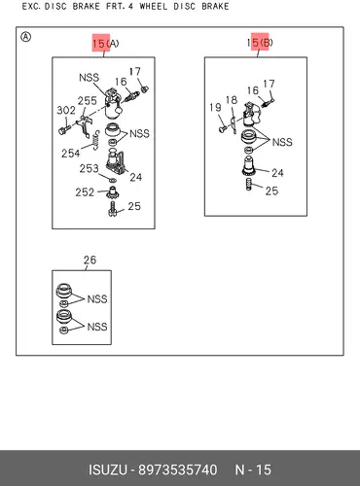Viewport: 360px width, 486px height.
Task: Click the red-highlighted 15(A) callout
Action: (x=106, y=43)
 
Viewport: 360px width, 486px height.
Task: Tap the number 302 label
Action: (x=66, y=111)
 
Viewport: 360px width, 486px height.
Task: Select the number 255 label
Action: (x=88, y=101)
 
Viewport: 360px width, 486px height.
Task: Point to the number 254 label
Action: (x=71, y=153)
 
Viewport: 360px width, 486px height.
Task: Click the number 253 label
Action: (x=90, y=168)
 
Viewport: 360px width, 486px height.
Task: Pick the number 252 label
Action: (x=85, y=192)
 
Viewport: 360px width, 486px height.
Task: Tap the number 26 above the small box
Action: (x=90, y=260)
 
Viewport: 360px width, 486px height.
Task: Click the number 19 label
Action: (x=215, y=107)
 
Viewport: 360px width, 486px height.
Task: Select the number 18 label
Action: (x=232, y=100)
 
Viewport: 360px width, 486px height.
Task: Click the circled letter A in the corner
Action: (x=25, y=37)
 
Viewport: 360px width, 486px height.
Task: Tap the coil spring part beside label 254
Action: (x=95, y=141)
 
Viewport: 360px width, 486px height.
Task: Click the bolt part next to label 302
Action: (x=64, y=130)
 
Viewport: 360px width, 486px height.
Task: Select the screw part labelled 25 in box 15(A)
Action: (x=112, y=209)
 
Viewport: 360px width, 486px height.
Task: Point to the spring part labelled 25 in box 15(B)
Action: (x=249, y=185)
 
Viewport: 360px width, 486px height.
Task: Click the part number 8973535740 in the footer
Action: (x=178, y=469)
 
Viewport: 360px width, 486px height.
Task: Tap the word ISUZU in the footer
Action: (x=108, y=469)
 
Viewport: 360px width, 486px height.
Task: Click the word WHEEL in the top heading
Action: (x=154, y=6)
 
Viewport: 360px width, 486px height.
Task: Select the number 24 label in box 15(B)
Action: (x=277, y=173)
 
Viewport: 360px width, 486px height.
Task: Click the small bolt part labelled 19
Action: (x=223, y=129)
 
